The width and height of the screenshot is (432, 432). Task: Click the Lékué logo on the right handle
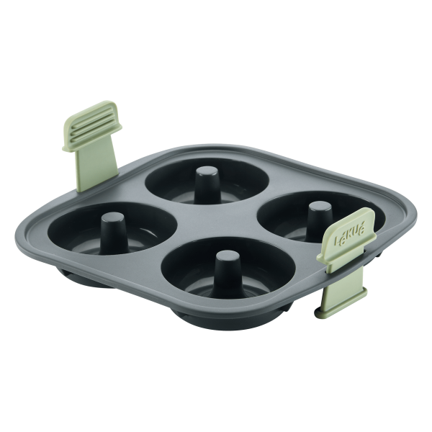point(350,233)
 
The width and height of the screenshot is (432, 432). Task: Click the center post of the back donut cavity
point(207,184)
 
